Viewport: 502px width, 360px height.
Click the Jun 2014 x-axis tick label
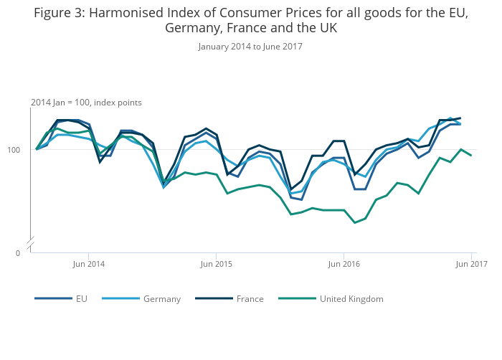pyautogui.click(x=89, y=264)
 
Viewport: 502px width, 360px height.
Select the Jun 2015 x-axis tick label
pyautogui.click(x=217, y=264)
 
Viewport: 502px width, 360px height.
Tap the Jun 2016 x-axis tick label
pyautogui.click(x=344, y=264)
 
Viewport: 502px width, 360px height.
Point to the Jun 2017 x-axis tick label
pyautogui.click(x=473, y=264)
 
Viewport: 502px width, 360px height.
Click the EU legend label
pyautogui.click(x=82, y=298)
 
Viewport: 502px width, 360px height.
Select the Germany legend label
pyautogui.click(x=162, y=298)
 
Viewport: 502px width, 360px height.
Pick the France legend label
pyautogui.click(x=250, y=298)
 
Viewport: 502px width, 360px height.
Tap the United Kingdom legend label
pyautogui.click(x=351, y=298)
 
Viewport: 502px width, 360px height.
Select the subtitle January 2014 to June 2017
pyautogui.click(x=250, y=47)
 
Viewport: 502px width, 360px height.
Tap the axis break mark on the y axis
pyautogui.click(x=31, y=245)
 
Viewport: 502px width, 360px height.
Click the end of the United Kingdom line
pyautogui.click(x=471, y=156)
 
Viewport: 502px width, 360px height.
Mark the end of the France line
pyautogui.click(x=460, y=118)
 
